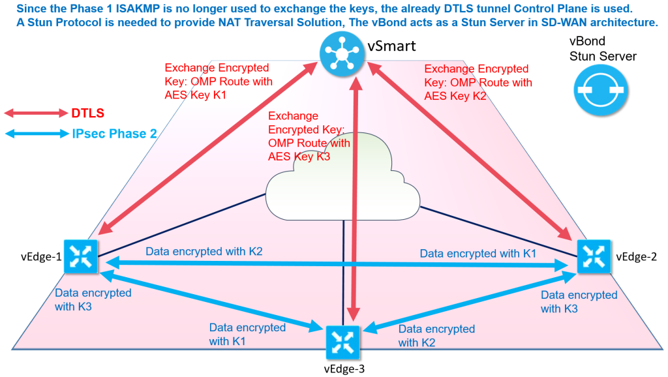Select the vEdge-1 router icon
pos(82,256)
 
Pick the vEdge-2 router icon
pos(594,256)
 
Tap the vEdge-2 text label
pos(635,257)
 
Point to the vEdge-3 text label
pos(344,369)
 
